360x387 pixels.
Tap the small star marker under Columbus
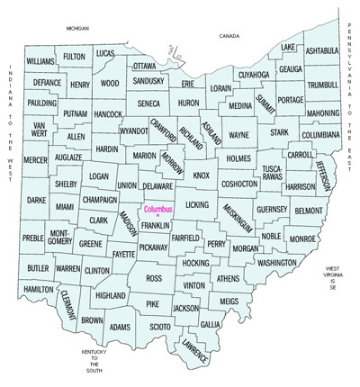(x=157, y=217)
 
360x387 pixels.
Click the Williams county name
(x=40, y=61)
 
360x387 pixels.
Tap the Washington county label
(x=275, y=263)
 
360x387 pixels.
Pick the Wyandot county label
(x=134, y=130)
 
